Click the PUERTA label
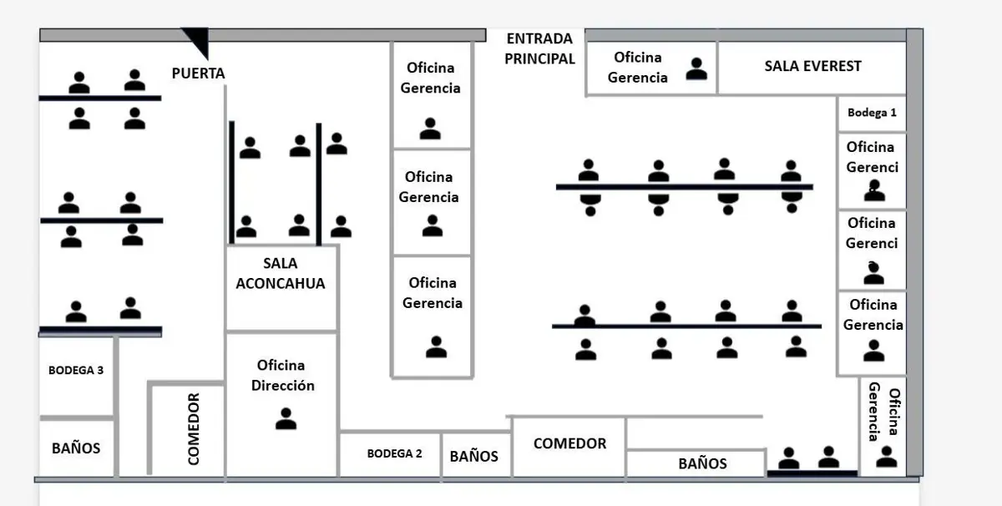[x=198, y=73]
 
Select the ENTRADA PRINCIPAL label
[x=539, y=48]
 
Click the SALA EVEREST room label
[x=812, y=66]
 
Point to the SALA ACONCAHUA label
[x=281, y=273]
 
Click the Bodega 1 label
[x=872, y=113]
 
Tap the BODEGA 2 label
[x=394, y=453]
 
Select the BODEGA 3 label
[x=76, y=371]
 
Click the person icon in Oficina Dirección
[x=286, y=419]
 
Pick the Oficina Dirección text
[x=283, y=376]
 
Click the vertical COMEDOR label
[x=193, y=429]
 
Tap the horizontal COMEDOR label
[x=569, y=443]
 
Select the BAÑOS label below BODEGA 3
[x=76, y=448]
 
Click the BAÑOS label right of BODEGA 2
[x=473, y=457]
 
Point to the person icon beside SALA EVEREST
[x=696, y=69]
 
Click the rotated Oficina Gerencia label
[x=883, y=411]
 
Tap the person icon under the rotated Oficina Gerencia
[x=886, y=457]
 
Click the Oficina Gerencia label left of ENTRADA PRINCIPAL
[x=430, y=78]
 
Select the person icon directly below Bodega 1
[x=874, y=190]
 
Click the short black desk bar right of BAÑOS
[x=812, y=473]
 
